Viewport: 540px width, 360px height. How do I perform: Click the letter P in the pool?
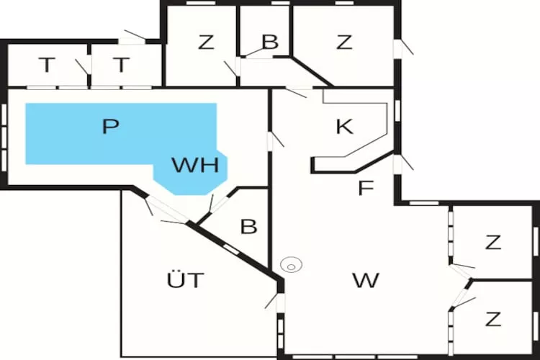coord(111,127)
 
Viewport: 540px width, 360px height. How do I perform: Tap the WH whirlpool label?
coord(195,165)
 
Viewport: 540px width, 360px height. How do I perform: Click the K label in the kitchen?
coord(344,127)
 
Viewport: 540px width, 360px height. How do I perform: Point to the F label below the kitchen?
coord(366,188)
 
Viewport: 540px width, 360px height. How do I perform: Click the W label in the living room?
coord(366,280)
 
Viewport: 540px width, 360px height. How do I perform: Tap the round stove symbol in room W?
coord(291,266)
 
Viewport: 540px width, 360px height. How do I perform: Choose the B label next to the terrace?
coord(248,226)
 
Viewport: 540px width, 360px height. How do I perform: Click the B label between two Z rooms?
coord(270,42)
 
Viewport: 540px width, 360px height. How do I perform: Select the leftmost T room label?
coord(47,65)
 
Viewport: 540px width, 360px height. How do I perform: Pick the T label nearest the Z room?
coord(121,65)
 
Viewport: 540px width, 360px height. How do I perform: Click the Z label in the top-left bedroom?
coord(206,42)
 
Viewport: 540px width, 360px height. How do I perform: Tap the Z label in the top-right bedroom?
coord(344,42)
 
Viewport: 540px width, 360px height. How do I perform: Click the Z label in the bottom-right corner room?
coord(492,319)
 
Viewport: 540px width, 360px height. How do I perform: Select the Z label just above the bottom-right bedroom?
coord(492,242)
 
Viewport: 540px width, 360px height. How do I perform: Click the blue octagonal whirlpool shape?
coord(191,172)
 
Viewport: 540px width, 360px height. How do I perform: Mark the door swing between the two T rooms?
coord(82,67)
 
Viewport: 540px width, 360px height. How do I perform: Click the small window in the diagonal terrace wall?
coord(230,249)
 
